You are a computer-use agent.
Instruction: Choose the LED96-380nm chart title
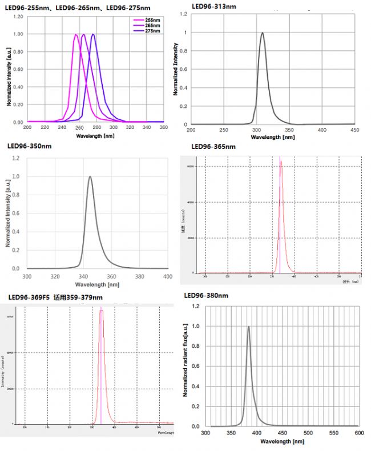coord(207,295)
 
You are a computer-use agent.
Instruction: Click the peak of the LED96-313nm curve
coord(263,33)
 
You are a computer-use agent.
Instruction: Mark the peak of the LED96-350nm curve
coord(90,176)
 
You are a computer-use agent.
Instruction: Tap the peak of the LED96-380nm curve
coord(248,327)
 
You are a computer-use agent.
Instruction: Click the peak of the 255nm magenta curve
coord(76,34)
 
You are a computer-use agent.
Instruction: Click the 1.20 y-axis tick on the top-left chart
coord(18,17)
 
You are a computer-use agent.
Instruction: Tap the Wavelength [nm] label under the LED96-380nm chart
coord(282,441)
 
